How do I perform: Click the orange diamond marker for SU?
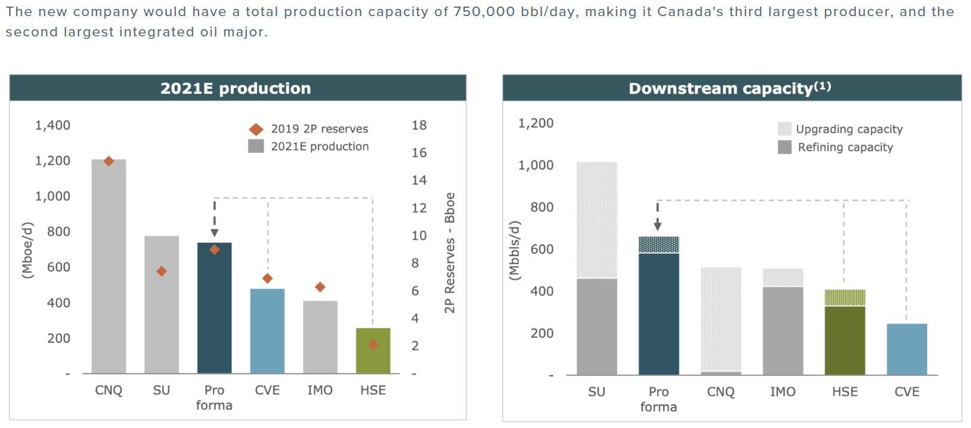pos(162,272)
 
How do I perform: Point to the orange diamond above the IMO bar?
pos(320,287)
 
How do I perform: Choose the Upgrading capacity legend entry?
pos(840,129)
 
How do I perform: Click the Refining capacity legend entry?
pos(836,147)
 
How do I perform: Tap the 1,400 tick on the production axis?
pos(52,125)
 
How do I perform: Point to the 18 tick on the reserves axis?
pos(419,125)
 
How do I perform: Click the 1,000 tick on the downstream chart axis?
pos(536,165)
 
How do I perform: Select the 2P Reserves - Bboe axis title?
pos(450,253)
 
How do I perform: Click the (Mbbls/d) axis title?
pos(515,251)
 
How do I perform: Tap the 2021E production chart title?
pos(236,88)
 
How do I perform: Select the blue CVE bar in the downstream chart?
pos(907,349)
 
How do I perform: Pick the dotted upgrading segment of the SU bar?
pos(596,220)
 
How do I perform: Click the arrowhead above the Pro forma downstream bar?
pos(657,225)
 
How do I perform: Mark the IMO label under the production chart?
pos(320,390)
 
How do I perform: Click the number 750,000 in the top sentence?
pos(483,12)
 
